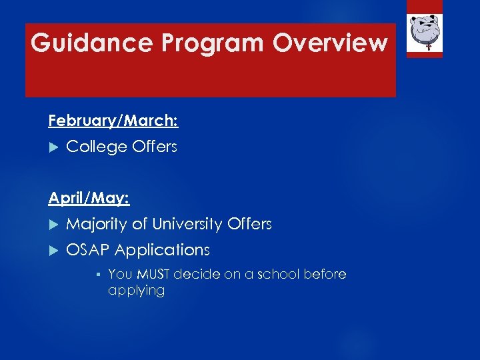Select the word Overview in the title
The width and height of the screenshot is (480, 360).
[x=330, y=43]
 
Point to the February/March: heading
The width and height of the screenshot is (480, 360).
[x=113, y=121]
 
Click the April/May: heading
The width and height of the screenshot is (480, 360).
[x=89, y=198]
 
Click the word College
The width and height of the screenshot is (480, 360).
[x=93, y=147]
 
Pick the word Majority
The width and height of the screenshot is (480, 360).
[x=97, y=224]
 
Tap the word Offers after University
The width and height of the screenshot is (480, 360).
[x=249, y=224]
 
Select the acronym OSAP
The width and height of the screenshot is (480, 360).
[x=88, y=250]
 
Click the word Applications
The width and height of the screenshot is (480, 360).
[x=162, y=251]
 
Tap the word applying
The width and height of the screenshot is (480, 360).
[x=136, y=291]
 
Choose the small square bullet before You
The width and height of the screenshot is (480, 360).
[x=97, y=274]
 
